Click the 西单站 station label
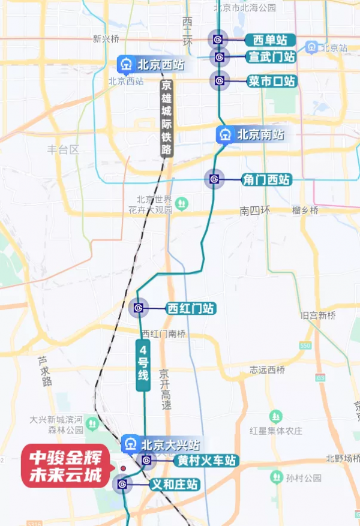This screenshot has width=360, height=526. tap(270, 40)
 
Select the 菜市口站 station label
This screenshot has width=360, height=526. tap(272, 81)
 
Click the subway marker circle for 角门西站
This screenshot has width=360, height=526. tap(214, 179)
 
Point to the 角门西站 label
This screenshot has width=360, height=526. tap(266, 179)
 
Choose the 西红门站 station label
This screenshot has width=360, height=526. tap(191, 308)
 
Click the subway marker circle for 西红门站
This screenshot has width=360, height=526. tap(139, 308)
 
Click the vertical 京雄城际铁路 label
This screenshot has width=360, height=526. tap(166, 118)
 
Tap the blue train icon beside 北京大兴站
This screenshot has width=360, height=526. tap(130, 444)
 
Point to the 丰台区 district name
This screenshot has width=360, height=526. tap(63, 149)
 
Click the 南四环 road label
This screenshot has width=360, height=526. tap(256, 211)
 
